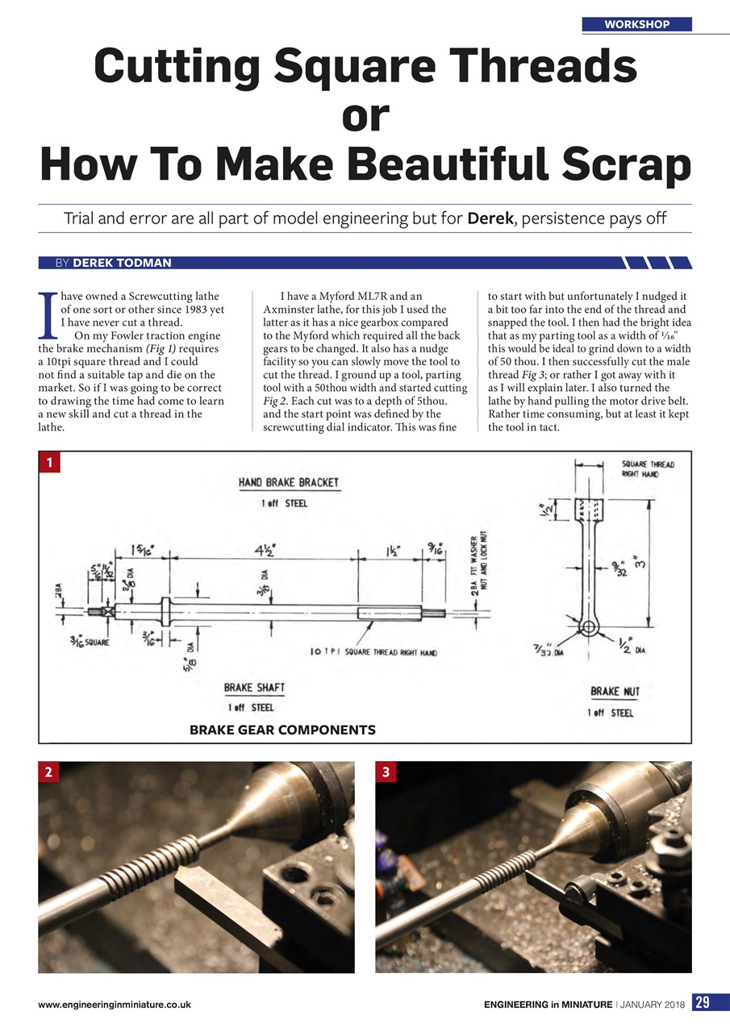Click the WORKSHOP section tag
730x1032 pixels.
(x=636, y=24)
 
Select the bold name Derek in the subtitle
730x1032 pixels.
(x=490, y=218)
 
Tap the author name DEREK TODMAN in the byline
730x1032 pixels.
(x=122, y=263)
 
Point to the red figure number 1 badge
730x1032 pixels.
(x=49, y=462)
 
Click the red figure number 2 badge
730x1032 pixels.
(x=49, y=772)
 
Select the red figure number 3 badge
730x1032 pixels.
(x=387, y=772)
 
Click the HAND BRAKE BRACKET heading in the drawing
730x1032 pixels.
(x=289, y=483)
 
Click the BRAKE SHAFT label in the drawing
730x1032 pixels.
(x=254, y=688)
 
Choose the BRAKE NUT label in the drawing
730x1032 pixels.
(x=616, y=692)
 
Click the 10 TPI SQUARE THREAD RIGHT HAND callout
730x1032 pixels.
(x=373, y=652)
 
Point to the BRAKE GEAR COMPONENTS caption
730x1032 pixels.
(x=282, y=730)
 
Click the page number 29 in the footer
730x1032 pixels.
(x=702, y=1003)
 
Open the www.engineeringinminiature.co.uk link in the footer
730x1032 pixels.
(x=114, y=1005)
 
